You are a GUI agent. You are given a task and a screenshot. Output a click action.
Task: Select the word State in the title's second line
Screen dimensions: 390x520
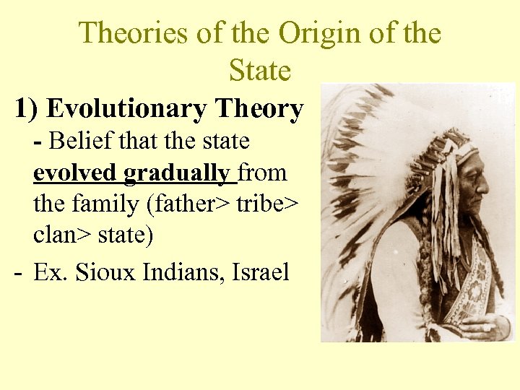(260, 71)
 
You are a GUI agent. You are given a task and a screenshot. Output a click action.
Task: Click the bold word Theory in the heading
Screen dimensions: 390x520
(258, 109)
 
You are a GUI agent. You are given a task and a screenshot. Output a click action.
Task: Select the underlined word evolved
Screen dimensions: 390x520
(75, 173)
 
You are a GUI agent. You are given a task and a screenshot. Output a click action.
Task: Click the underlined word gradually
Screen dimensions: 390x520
(178, 173)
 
